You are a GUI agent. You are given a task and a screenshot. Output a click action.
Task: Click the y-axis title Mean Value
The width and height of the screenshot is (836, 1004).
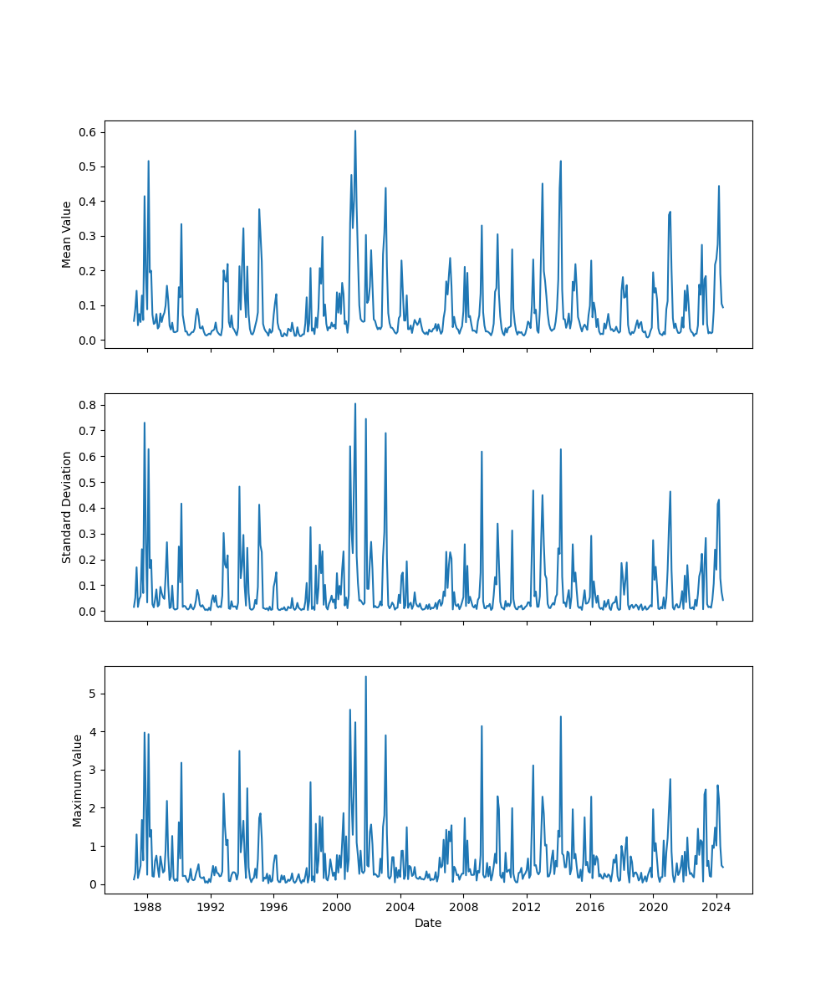(x=67, y=234)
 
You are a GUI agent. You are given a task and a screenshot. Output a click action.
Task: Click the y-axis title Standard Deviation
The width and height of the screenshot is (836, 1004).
(x=67, y=507)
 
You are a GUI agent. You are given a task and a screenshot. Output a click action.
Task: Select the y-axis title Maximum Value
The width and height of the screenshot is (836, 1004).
(x=78, y=780)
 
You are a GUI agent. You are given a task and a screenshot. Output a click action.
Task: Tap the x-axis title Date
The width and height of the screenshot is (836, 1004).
(x=428, y=923)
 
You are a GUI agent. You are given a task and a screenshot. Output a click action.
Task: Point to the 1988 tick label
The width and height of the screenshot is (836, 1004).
(x=147, y=907)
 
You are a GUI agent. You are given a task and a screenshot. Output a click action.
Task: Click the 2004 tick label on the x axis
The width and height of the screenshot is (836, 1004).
(x=400, y=907)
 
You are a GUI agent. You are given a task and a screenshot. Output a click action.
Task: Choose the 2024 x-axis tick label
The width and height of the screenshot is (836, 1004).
(x=716, y=907)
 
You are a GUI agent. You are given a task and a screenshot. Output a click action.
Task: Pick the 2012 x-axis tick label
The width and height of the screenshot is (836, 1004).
(x=527, y=907)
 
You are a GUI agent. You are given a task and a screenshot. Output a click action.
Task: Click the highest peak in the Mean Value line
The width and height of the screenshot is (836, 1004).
(x=354, y=131)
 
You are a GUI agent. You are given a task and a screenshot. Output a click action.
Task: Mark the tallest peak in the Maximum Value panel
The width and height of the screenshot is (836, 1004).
(x=365, y=677)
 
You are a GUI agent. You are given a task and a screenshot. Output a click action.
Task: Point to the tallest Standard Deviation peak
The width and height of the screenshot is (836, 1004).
(x=354, y=403)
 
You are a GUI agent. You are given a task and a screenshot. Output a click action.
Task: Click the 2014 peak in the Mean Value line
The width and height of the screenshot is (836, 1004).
(x=560, y=161)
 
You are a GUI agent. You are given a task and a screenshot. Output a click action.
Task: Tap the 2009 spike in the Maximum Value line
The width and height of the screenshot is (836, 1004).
(x=482, y=725)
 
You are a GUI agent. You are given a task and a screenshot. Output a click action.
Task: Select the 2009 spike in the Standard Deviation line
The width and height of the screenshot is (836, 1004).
(x=482, y=452)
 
